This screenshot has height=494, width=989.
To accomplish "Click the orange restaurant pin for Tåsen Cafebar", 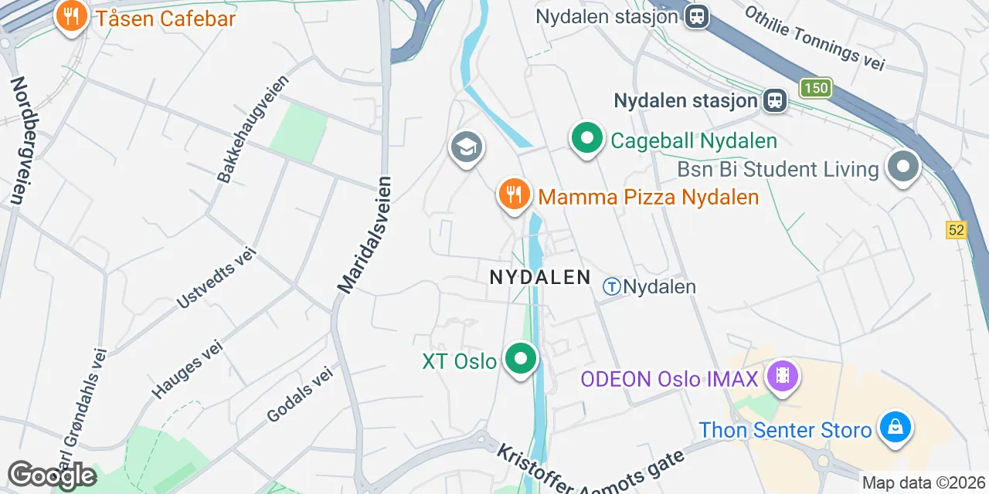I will coord(71,17).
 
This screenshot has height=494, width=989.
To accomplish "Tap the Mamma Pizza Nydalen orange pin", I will coord(513,194).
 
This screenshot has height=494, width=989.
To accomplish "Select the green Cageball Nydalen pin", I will coord(586,140).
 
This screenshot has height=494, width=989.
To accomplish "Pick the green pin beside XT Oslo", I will coord(521,360).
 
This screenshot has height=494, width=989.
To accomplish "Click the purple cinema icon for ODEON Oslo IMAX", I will coord(783,377).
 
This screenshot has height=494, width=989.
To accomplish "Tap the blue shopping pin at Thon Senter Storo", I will coord(896,428).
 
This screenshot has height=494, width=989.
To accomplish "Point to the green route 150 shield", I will coord(815,88).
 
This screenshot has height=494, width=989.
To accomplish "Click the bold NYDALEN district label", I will coord(540,277).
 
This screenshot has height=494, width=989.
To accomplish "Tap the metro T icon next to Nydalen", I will coord(612,287).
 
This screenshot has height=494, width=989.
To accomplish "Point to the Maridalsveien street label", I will coord(365,235).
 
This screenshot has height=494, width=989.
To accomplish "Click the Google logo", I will coord(52,475).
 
